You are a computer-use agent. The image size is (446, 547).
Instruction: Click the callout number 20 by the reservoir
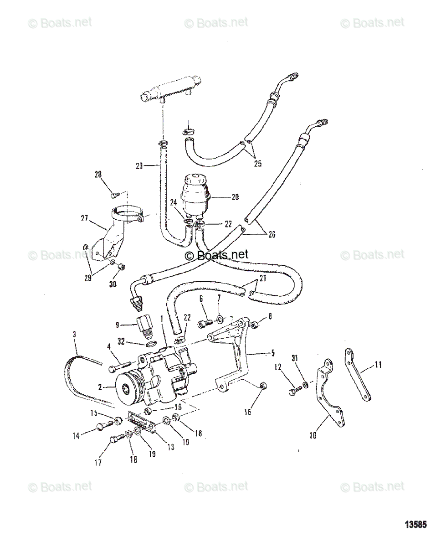coord(235,197)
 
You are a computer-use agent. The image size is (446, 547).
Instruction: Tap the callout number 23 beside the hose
coord(139,166)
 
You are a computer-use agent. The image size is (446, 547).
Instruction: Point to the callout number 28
coord(98,175)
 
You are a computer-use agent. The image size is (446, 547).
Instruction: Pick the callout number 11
coord(378,364)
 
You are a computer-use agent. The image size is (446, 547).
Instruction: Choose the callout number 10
coord(313,435)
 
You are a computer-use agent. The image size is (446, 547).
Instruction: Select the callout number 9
coord(118,325)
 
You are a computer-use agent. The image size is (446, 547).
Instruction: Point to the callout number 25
coord(257,164)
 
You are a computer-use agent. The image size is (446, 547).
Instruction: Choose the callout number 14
coord(76,435)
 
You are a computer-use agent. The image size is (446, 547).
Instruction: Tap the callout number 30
coord(113,284)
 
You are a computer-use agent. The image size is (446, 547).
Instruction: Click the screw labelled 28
coord(115,195)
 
